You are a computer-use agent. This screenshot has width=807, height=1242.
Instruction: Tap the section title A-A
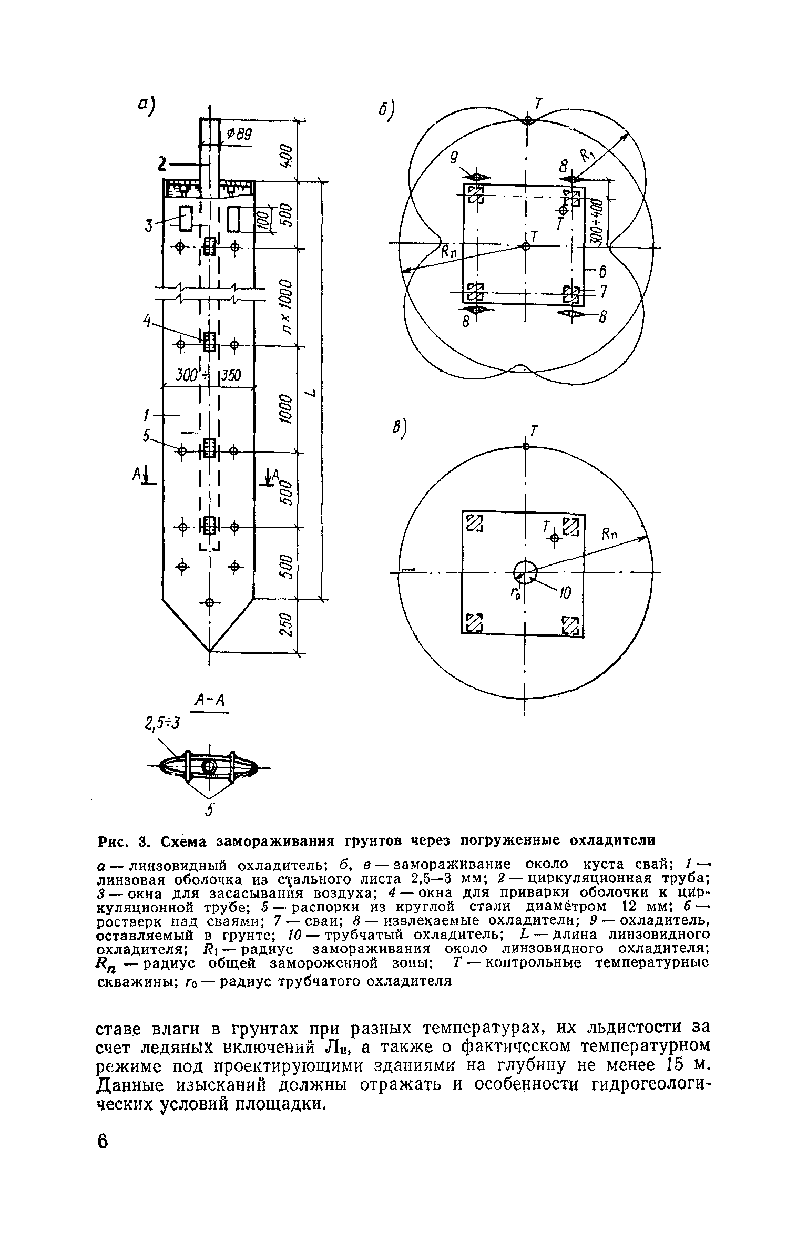point(209,700)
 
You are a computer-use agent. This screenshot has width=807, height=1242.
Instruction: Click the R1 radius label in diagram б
point(588,156)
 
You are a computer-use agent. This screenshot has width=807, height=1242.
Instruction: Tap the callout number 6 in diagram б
point(602,272)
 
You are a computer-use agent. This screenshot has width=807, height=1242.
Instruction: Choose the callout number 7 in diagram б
point(603,292)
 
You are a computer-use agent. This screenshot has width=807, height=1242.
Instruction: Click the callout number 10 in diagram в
point(564,594)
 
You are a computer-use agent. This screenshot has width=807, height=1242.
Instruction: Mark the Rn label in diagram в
point(610,536)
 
